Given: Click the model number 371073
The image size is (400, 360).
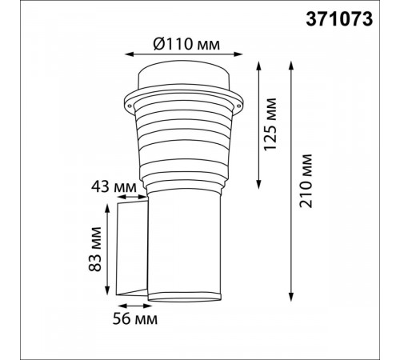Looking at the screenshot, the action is click(x=339, y=19).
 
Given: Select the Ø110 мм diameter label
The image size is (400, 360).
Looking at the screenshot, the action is click(x=186, y=44).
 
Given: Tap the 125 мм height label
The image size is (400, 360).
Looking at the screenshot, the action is click(x=270, y=124).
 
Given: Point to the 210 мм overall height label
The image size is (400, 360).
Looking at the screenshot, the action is click(x=306, y=181).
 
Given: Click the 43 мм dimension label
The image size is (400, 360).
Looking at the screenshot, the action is click(x=114, y=186).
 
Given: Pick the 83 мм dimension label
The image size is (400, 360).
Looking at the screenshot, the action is click(x=95, y=249).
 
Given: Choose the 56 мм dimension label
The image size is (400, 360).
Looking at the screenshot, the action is click(x=135, y=318).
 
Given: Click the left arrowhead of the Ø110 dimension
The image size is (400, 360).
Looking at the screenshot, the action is click(x=129, y=54).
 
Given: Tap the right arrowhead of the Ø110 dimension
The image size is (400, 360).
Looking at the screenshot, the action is click(x=238, y=54).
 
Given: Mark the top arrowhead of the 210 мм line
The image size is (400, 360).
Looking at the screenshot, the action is click(x=291, y=66).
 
